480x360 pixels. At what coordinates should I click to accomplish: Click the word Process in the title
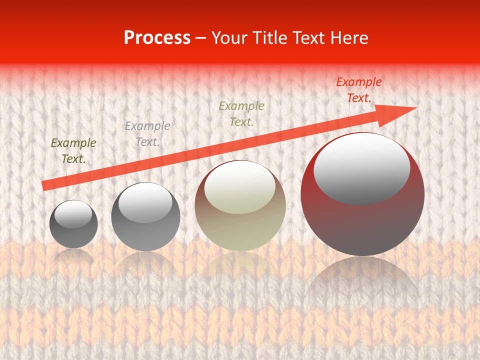pos(157,38)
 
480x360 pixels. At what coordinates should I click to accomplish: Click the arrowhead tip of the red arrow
pos(415,108)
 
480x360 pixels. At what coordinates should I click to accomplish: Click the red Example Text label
pos(358,90)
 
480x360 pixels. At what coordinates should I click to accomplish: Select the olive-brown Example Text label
pos(73,151)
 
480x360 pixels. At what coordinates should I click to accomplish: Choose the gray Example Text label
pos(147,134)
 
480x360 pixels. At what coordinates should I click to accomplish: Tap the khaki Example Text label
pos(241,113)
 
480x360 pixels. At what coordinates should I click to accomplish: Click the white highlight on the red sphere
pos(361,169)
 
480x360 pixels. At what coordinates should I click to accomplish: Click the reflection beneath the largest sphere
pos(362,280)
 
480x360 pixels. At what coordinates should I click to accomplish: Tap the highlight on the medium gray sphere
pos(145,201)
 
